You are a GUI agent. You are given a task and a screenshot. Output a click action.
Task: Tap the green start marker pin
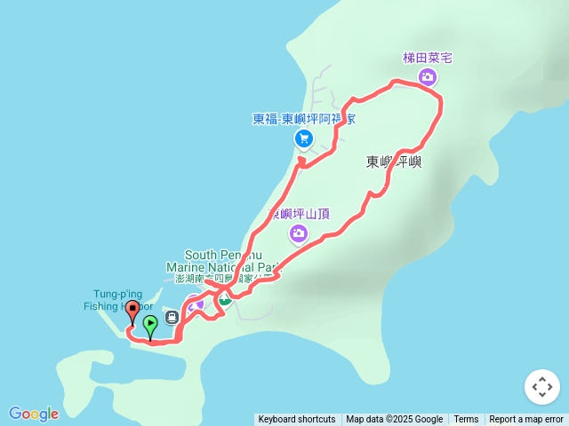[x=150, y=325]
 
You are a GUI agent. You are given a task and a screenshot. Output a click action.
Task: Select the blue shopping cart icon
[x=303, y=138]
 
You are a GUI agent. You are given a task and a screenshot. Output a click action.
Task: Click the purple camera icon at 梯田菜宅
[x=428, y=77]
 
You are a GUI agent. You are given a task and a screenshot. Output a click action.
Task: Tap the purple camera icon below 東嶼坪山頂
[x=299, y=233]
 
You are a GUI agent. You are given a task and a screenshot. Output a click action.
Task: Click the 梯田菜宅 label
[x=428, y=58]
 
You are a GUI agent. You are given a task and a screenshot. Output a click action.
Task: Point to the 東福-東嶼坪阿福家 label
[x=304, y=119]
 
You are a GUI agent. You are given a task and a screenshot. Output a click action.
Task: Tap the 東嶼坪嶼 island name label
[x=394, y=162]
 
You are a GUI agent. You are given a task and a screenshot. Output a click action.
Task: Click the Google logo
[x=34, y=414]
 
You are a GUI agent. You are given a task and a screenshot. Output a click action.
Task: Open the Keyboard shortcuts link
[x=297, y=420]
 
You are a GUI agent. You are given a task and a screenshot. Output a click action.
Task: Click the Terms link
[x=466, y=420]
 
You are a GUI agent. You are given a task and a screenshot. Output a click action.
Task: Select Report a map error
[x=526, y=420]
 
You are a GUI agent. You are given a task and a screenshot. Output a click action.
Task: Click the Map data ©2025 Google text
[x=394, y=420]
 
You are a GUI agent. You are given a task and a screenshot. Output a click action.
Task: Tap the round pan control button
[x=542, y=387]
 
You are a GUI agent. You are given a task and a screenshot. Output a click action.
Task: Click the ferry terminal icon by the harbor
[x=171, y=316]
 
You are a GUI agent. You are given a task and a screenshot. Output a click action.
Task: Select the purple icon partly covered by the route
[x=196, y=304]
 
